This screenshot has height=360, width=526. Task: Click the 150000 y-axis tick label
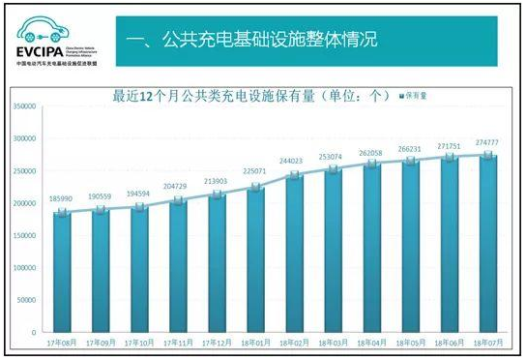click(24, 235)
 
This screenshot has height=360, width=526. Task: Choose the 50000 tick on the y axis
click(26, 300)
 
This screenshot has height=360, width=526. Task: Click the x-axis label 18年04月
click(370, 343)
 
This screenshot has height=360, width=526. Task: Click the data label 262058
click(370, 153)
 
